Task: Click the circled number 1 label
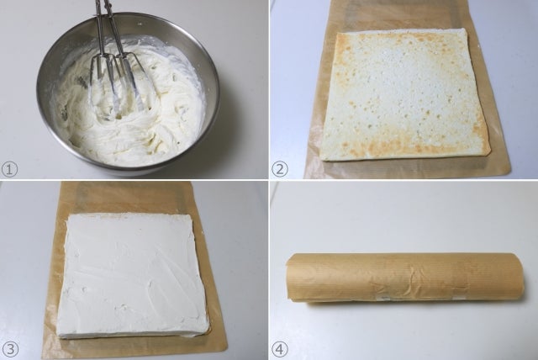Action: tap(9, 170)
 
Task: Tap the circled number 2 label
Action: tap(280, 170)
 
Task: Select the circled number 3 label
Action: tap(10, 349)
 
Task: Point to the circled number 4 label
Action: tap(280, 349)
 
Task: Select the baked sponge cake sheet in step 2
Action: tap(405, 94)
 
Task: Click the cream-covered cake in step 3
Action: tap(132, 276)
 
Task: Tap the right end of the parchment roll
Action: tap(522, 281)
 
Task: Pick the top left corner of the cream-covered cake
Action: tap(70, 215)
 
